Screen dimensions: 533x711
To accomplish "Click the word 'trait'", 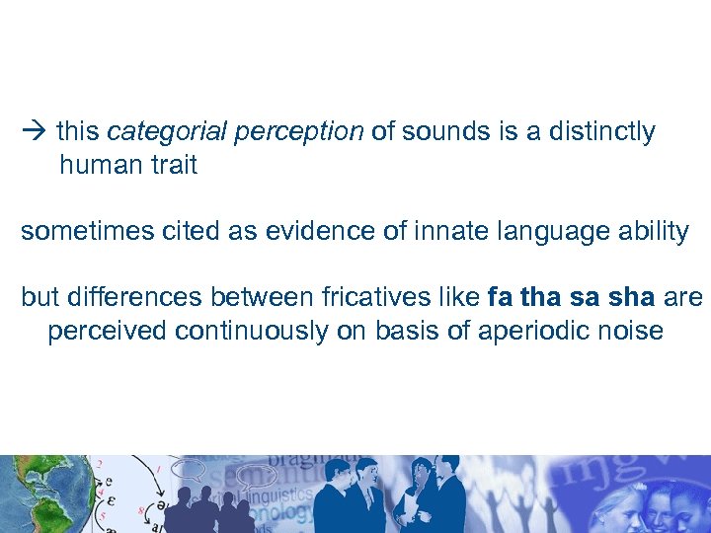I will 175,165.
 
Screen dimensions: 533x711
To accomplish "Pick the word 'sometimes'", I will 83,231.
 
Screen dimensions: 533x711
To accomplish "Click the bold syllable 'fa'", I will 500,297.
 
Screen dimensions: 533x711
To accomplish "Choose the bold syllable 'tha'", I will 539,297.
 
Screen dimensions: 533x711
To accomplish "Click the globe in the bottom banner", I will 30,495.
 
